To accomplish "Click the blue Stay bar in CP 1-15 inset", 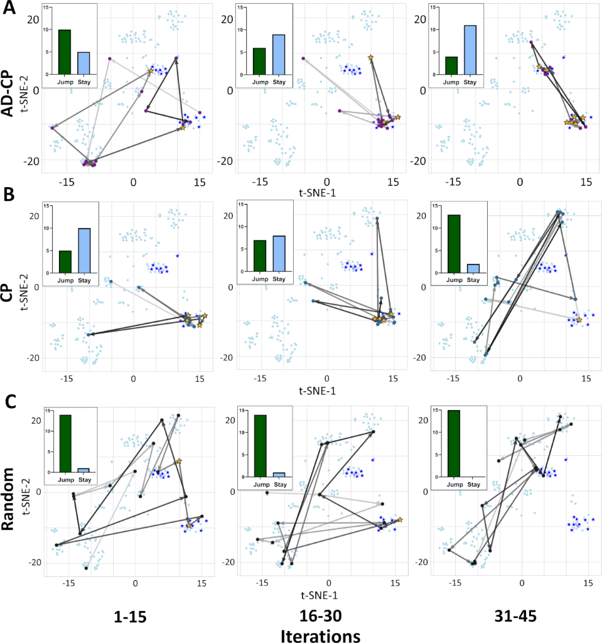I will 83,251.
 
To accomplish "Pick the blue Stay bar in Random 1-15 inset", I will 83,470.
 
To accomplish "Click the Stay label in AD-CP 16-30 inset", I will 279,82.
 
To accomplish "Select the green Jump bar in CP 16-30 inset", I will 257,256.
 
